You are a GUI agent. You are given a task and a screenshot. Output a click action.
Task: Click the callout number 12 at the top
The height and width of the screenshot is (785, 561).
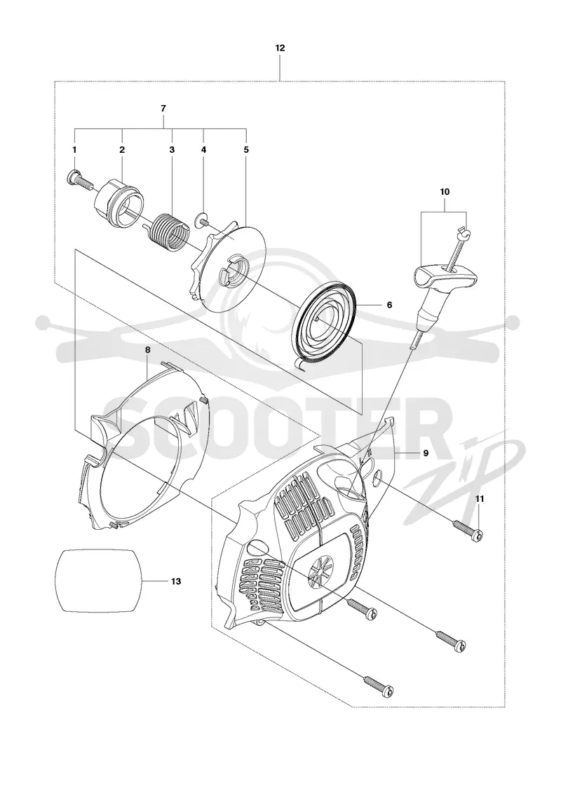coord(280,48)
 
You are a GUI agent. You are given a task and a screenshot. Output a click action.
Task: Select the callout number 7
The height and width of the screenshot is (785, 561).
coord(163,108)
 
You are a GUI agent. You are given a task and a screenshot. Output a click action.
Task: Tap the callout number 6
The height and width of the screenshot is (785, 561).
coord(389,305)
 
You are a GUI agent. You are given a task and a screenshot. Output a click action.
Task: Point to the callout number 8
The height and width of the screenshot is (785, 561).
coord(147,350)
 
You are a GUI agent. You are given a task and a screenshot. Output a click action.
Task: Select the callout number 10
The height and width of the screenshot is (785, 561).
coord(445,192)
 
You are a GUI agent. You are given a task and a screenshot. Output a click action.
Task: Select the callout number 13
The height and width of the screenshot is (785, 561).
coord(176,581)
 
